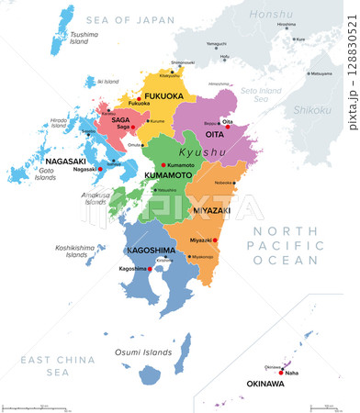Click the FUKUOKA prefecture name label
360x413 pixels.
[164, 95]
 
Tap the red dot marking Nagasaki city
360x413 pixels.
[100, 169]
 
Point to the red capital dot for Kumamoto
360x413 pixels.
[163, 164]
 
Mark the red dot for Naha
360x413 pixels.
[281, 373]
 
